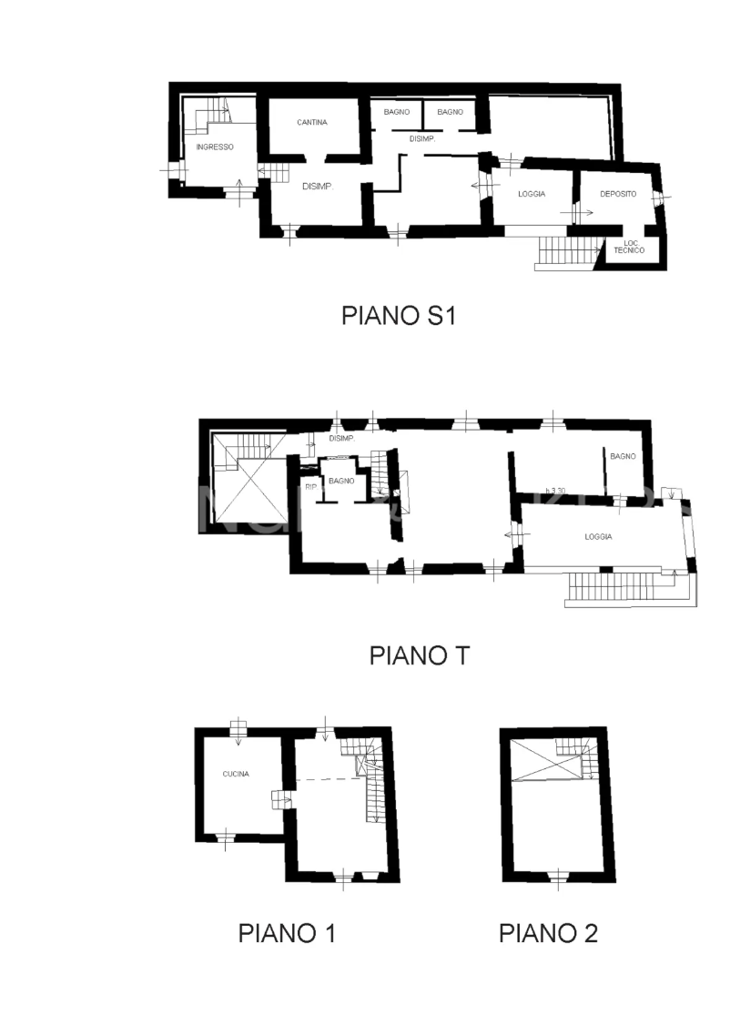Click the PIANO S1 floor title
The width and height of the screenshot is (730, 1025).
coord(397,316)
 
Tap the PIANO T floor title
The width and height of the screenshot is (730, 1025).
coord(419,655)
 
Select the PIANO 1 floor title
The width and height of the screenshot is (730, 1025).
coord(287,933)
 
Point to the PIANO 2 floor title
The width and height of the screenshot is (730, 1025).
coord(548,933)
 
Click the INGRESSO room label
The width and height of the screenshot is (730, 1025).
coord(215,147)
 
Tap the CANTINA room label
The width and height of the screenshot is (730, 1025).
coord(312,122)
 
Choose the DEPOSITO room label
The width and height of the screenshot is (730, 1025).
coord(618,194)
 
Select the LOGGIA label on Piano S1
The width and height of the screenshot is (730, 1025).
coord(532,194)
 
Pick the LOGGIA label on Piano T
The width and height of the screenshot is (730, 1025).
coord(598,537)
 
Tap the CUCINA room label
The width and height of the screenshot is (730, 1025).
coord(236,775)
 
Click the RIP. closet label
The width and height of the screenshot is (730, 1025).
coord(310,487)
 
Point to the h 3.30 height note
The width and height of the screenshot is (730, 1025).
coord(555,492)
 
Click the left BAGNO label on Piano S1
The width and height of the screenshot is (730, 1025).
coord(397,112)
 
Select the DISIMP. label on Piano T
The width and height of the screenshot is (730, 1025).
coord(340,439)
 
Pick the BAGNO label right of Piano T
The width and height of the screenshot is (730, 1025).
coord(623,456)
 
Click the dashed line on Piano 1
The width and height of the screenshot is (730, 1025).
coord(329,779)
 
